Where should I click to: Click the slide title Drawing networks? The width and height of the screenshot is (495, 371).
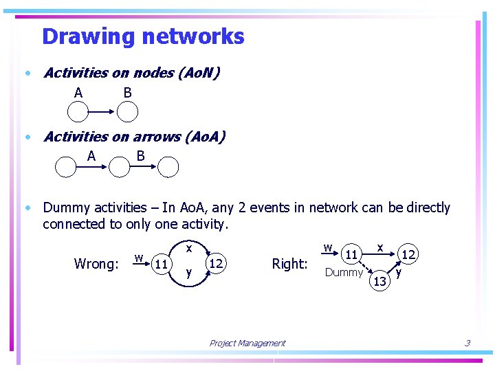[143, 36]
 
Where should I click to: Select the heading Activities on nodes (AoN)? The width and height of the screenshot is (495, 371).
[131, 73]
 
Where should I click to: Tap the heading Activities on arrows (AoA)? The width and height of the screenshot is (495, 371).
[134, 137]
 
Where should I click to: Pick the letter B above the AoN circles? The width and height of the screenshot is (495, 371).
[127, 93]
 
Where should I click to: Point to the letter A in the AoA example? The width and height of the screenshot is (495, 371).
[91, 157]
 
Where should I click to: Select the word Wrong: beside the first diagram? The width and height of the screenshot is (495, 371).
[96, 264]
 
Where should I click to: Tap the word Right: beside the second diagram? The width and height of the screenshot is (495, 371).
[289, 264]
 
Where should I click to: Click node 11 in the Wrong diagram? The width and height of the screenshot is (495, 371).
[162, 263]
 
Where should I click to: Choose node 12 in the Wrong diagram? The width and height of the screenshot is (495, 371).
[216, 263]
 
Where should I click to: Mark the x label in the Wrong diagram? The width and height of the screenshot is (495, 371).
[188, 245]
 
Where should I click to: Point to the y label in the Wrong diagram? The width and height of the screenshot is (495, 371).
[189, 273]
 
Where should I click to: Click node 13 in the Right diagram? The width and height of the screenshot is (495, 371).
[379, 280]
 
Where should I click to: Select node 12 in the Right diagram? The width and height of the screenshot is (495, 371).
[408, 255]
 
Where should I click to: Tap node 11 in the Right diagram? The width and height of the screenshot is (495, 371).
[351, 255]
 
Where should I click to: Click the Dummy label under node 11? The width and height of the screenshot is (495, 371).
[344, 273]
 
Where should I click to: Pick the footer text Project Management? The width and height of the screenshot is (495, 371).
[247, 344]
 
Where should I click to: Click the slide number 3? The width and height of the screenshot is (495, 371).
[467, 343]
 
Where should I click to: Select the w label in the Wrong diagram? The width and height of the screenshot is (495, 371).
[138, 258]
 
